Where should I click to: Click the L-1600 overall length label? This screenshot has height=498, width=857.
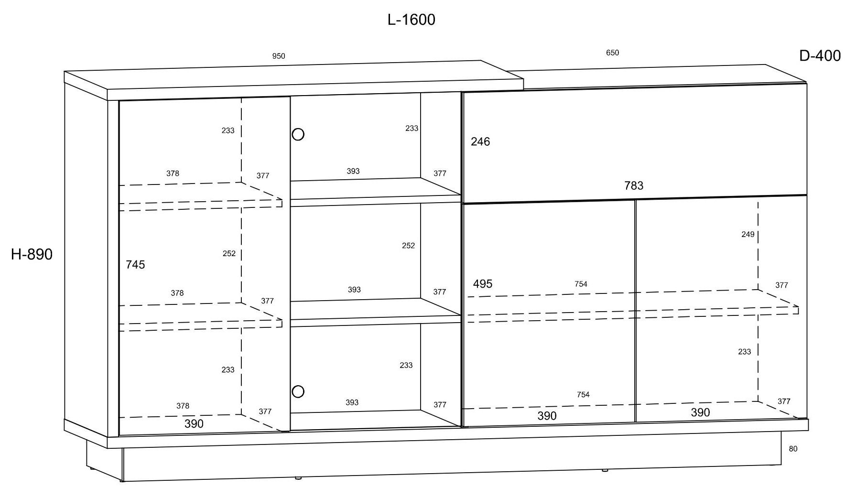click(x=411, y=20)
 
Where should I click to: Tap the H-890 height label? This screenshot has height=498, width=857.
click(x=32, y=254)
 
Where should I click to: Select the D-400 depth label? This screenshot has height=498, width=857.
click(x=820, y=56)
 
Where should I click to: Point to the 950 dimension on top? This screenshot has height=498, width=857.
click(x=279, y=56)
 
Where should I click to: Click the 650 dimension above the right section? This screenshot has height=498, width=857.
click(x=612, y=53)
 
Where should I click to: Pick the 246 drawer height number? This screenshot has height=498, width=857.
click(x=480, y=141)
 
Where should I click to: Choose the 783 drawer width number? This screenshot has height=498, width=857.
click(x=634, y=185)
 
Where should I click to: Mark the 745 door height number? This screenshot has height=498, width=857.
click(x=135, y=265)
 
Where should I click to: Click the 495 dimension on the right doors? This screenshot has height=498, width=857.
click(x=482, y=284)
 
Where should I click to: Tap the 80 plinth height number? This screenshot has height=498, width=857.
click(x=793, y=449)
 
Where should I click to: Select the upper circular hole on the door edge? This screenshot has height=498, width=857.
click(x=298, y=134)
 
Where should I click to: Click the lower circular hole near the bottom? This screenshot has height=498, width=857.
click(x=298, y=392)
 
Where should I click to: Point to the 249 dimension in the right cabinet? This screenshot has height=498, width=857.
click(x=748, y=234)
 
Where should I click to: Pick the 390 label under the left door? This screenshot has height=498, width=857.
click(x=194, y=423)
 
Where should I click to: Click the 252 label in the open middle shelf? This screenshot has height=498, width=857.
click(x=408, y=245)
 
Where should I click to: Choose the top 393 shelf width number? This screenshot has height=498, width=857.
click(x=353, y=171)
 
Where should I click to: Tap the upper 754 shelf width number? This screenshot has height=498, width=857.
click(x=581, y=284)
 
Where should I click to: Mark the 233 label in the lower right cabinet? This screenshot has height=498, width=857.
click(x=744, y=352)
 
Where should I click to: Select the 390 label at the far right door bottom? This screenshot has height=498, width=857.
click(x=700, y=412)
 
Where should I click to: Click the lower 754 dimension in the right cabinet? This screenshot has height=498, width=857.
click(x=583, y=394)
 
